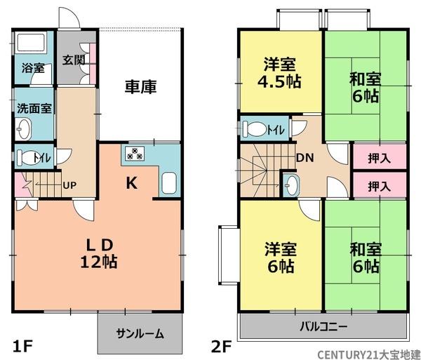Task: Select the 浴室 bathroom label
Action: pyautogui.click(x=32, y=69)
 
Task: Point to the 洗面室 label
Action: pyautogui.click(x=33, y=109)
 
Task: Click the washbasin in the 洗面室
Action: pyautogui.click(x=25, y=128)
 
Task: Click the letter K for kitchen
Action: pyautogui.click(x=131, y=184)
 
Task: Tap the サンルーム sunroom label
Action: pyautogui.click(x=140, y=333)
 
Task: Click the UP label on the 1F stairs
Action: pyautogui.click(x=70, y=185)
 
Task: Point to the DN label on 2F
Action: pyautogui.click(x=305, y=158)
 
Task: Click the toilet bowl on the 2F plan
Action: pyautogui.click(x=258, y=129)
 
